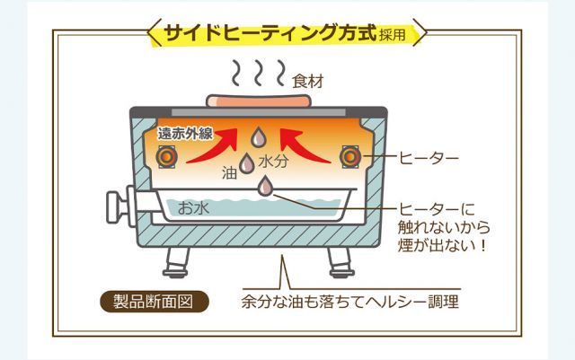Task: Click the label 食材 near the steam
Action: (308, 81)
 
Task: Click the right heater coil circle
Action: (350, 158)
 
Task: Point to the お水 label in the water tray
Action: (192, 208)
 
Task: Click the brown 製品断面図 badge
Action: (155, 301)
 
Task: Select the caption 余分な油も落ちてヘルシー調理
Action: (349, 302)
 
